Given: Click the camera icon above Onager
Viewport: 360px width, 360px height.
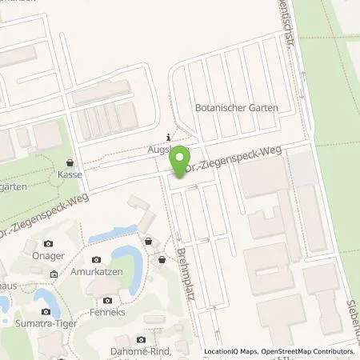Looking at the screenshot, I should coord(49,243).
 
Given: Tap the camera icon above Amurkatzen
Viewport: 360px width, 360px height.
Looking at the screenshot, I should coord(97,260).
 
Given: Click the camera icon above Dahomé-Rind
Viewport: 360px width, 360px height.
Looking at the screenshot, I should coord(142,339).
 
